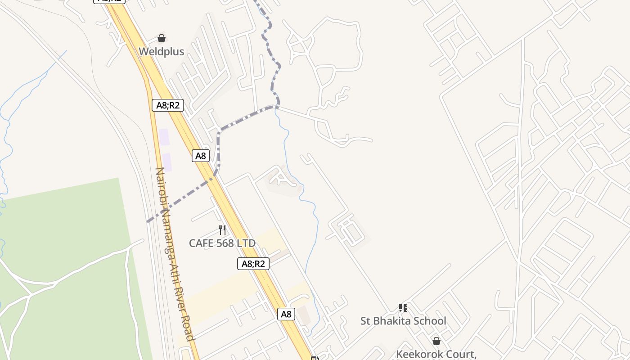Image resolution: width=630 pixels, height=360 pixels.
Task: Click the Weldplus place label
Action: pyautogui.click(x=161, y=51)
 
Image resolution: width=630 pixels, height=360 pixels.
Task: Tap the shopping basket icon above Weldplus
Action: pyautogui.click(x=162, y=38)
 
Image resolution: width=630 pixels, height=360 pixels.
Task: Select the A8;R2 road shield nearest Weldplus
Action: pyautogui.click(x=168, y=105)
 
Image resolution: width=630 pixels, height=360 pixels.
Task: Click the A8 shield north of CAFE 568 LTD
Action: pyautogui.click(x=201, y=156)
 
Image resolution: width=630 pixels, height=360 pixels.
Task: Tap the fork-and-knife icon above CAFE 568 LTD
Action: pyautogui.click(x=222, y=230)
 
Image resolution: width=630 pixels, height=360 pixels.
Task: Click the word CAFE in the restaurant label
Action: pyautogui.click(x=201, y=243)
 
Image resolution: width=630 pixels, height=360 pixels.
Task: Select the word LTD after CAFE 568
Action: pyautogui.click(x=247, y=243)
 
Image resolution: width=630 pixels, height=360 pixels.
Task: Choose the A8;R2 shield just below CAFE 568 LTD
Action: pyautogui.click(x=253, y=264)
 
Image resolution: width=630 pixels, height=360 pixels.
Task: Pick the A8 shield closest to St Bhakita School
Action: pyautogui.click(x=286, y=314)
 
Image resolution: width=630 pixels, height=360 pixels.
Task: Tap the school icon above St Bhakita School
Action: pyautogui.click(x=403, y=308)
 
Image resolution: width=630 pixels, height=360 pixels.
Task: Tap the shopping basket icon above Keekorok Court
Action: pyautogui.click(x=436, y=341)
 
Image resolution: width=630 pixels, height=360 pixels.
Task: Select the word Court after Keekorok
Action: pyautogui.click(x=462, y=354)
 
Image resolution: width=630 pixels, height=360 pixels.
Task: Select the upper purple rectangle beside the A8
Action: pyautogui.click(x=164, y=137)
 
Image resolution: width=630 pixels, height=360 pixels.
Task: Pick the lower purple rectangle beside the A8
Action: pyautogui.click(x=167, y=162)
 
